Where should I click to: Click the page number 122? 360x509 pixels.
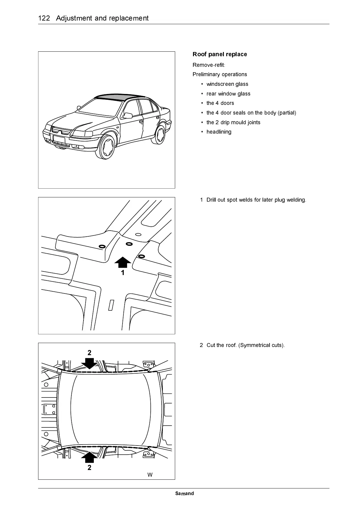(44, 18)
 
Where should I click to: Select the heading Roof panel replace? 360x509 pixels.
(220, 54)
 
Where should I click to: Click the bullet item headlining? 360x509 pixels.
(219, 132)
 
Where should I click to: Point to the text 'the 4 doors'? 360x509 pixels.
(220, 103)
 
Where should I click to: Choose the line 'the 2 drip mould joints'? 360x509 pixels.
(233, 122)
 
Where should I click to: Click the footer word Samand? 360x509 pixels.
(185, 494)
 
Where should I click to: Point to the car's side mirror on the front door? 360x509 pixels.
(128, 115)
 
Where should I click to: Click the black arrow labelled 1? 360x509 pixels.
(123, 262)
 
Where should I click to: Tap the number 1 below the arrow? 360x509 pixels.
(123, 273)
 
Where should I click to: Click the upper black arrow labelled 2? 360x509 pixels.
(90, 363)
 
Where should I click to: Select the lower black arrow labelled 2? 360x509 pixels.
(89, 457)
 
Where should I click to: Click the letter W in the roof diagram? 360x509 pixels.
(150, 475)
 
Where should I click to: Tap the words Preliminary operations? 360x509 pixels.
(220, 74)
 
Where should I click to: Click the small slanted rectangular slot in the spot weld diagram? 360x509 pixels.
(111, 305)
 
